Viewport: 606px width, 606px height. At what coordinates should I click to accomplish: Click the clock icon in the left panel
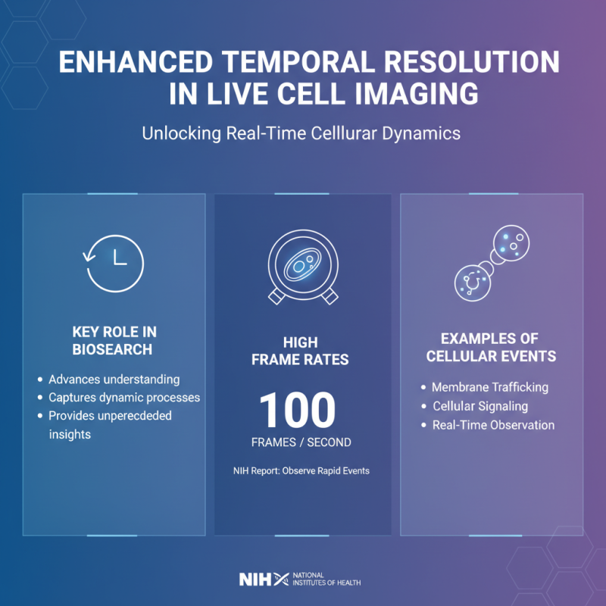click(114, 260)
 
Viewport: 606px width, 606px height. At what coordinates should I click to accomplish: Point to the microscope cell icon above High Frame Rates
click(302, 265)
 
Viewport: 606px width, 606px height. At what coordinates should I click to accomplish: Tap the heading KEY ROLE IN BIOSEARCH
click(114, 341)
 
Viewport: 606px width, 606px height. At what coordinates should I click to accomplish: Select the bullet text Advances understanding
click(114, 379)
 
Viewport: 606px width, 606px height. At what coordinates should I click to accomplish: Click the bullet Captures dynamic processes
click(123, 397)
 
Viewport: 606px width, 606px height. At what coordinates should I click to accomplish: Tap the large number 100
click(298, 411)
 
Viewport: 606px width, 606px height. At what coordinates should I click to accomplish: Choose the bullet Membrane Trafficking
click(489, 387)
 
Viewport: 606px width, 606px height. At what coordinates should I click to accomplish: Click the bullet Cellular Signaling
click(479, 406)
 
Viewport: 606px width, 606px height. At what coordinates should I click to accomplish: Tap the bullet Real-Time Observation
click(493, 425)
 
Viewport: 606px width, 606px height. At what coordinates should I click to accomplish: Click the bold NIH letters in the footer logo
click(254, 579)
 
